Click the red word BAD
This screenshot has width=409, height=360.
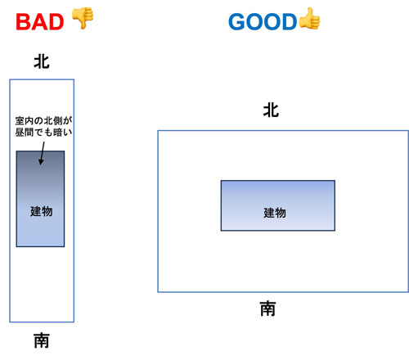[40, 22]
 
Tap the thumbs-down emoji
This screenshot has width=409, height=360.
[83, 18]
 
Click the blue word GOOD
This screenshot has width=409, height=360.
[263, 22]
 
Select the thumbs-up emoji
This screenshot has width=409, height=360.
[309, 19]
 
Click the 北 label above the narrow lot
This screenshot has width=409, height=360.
[42, 62]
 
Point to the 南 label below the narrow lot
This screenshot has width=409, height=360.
[42, 340]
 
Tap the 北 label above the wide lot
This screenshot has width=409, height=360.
[271, 110]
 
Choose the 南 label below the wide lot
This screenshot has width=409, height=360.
[267, 308]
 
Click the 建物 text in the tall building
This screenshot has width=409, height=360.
[42, 211]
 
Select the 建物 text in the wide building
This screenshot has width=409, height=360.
[275, 213]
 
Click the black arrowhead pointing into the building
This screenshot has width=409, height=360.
[41, 161]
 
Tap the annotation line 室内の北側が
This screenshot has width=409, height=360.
[43, 121]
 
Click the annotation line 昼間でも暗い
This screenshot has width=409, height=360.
[43, 133]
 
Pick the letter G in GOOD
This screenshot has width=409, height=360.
[236, 22]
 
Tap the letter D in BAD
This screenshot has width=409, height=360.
[56, 22]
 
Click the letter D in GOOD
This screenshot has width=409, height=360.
[290, 22]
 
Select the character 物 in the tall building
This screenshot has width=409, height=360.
[47, 211]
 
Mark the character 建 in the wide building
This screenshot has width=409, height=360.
[269, 213]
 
